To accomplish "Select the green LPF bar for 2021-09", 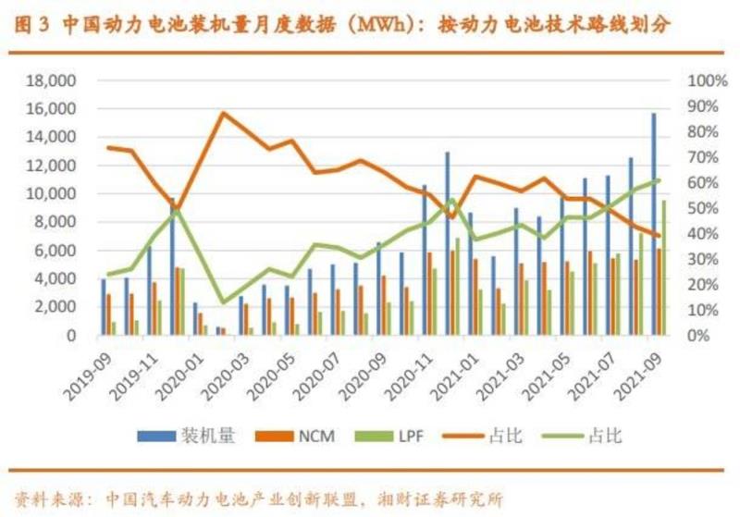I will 663,267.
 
